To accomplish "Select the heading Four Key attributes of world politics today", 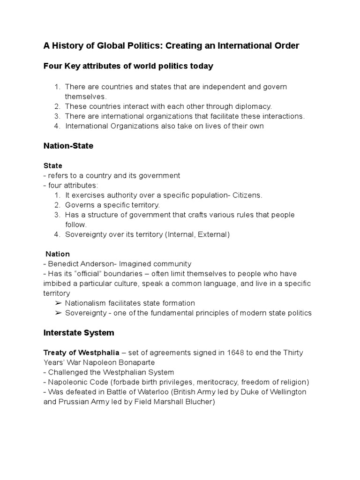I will (128, 66).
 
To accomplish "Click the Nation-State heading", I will (68, 146).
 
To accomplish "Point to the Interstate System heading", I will (79, 333).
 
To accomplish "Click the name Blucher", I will (198, 402).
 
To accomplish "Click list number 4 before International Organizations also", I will (57, 126).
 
